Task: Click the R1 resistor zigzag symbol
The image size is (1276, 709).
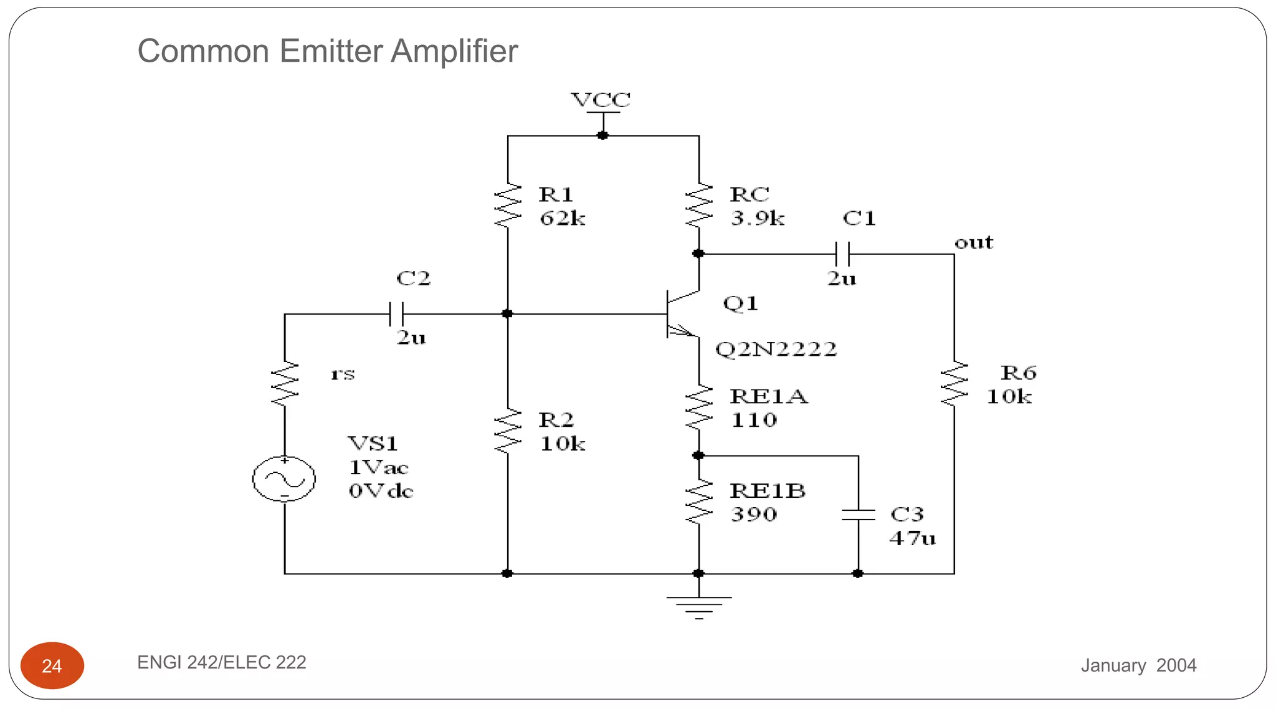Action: (x=508, y=206)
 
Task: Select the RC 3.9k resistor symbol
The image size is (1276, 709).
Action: (x=698, y=206)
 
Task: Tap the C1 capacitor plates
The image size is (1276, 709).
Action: (x=842, y=254)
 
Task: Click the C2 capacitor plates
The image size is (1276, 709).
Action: (x=396, y=314)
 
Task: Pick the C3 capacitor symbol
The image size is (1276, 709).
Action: (x=858, y=515)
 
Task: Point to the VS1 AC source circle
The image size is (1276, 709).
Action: (x=284, y=479)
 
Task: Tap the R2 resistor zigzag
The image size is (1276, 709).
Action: (x=508, y=431)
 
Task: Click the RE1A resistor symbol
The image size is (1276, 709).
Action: (x=698, y=407)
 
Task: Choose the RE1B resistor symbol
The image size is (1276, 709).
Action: (x=698, y=502)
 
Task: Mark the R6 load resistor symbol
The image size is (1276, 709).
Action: (x=954, y=384)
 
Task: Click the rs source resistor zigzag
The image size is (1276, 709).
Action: (x=285, y=384)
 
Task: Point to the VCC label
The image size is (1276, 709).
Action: (x=601, y=100)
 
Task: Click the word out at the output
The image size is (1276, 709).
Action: (x=974, y=242)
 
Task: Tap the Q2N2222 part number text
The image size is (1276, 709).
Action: (x=776, y=349)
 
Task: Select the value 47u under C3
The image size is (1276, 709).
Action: (x=912, y=538)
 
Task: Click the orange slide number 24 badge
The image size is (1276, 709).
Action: (x=52, y=665)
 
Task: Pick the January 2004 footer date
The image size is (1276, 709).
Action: (x=1138, y=665)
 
